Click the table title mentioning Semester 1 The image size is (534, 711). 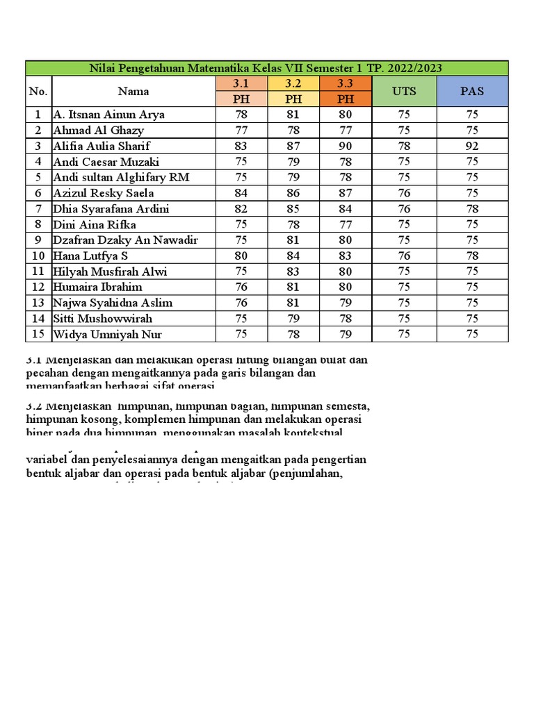coord(266,68)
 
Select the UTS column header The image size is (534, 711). coord(404,91)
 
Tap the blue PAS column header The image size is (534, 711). coord(472,91)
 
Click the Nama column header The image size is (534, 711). coord(133,91)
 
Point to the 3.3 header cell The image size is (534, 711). coord(346,84)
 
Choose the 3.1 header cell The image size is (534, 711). coord(241,84)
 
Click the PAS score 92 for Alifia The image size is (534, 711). coord(472,146)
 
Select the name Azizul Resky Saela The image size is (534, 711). coord(104,193)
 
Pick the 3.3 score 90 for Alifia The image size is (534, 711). coord(346,146)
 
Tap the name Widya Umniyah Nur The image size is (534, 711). coord(102,334)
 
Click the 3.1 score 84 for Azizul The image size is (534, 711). coord(241,193)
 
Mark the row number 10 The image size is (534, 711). coord(38,256)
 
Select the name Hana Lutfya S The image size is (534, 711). coord(90,256)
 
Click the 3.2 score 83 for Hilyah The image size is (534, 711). coord(293,271)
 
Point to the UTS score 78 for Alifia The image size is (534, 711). coord(404,146)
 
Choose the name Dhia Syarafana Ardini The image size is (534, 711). coord(111,209)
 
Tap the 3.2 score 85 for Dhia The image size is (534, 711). coord(293,209)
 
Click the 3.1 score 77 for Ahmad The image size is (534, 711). coord(241,130)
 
